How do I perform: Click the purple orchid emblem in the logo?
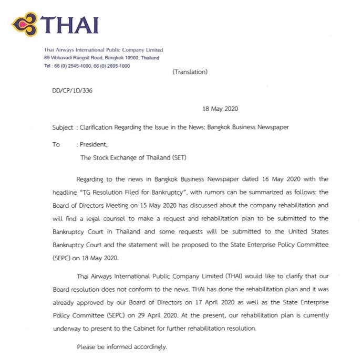point(25,24)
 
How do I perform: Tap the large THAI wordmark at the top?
point(69,24)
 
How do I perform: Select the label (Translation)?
point(190,72)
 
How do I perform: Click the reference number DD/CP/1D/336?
point(73,90)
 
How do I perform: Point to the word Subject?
point(63,127)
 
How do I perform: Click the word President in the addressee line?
point(92,144)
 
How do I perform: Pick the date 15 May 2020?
point(192,205)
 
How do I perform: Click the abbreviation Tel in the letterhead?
point(48,66)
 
